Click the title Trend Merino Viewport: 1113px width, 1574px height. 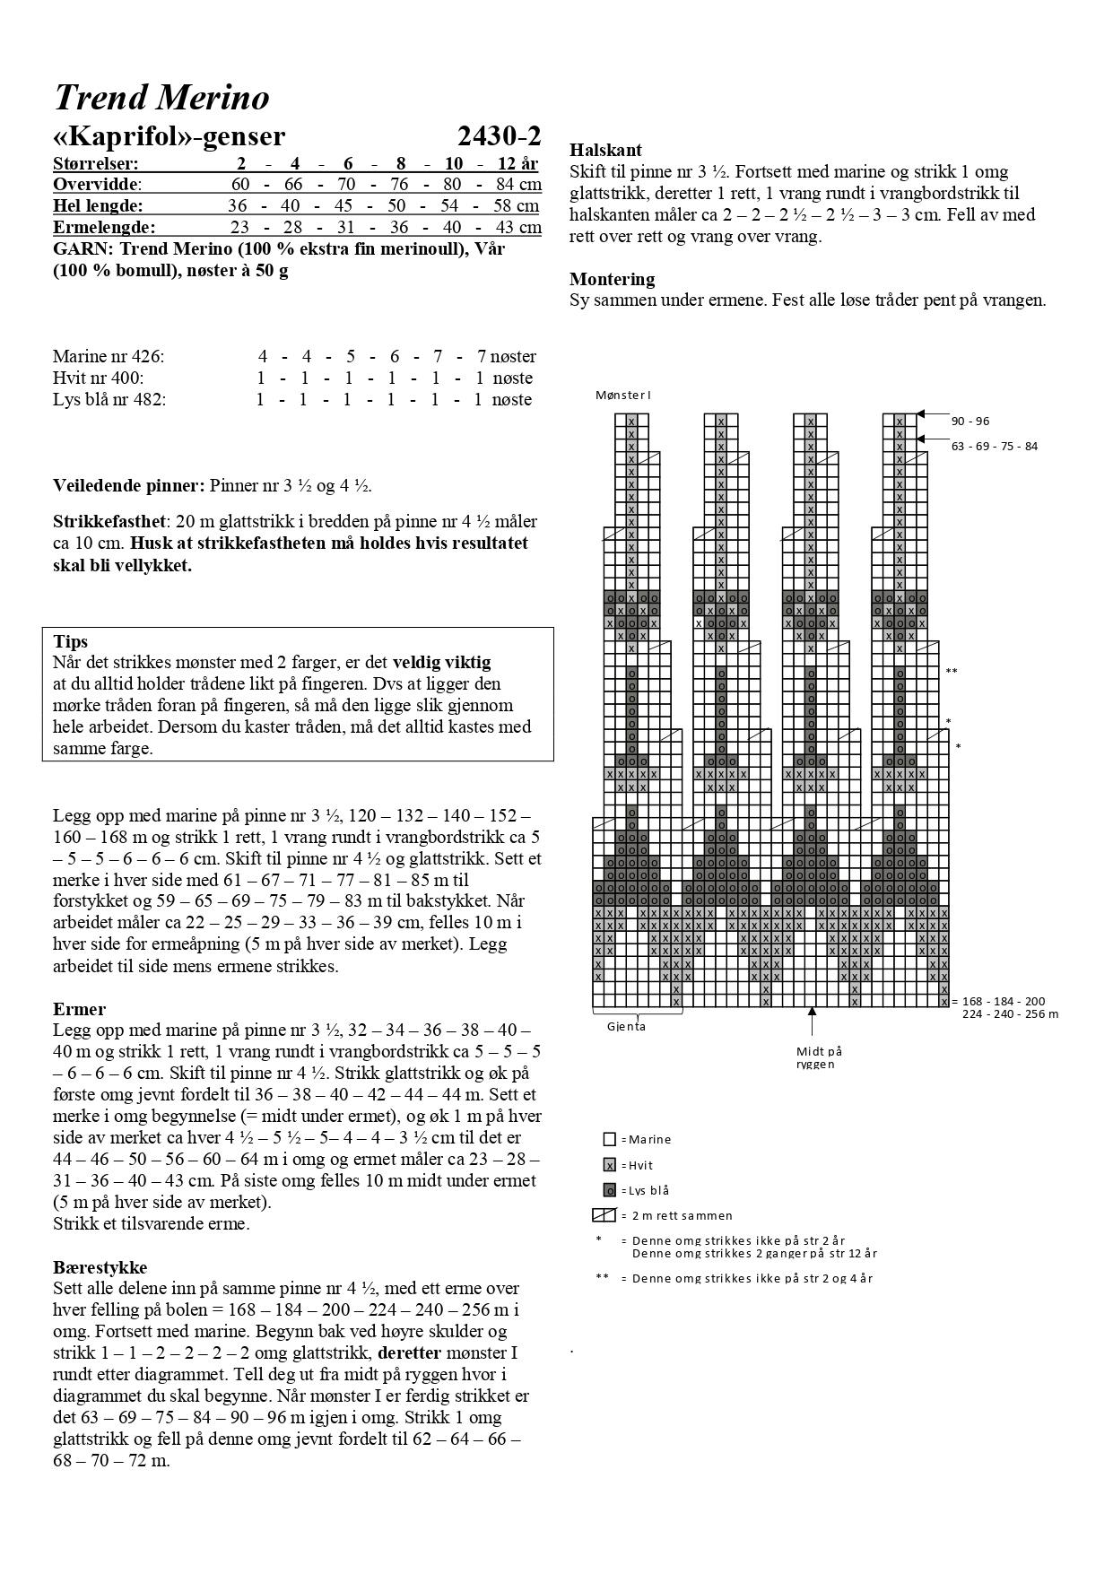161,97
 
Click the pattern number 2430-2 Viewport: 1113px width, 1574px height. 499,136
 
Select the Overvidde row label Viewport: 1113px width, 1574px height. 96,184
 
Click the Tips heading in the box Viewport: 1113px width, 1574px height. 71,641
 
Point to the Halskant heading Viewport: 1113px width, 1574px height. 605,150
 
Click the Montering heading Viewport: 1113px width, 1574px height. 612,279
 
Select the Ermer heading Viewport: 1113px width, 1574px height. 79,1009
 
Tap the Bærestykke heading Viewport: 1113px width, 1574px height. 100,1267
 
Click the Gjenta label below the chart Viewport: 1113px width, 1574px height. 626,1027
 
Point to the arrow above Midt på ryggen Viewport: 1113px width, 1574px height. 813,1022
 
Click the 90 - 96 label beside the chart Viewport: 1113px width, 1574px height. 970,421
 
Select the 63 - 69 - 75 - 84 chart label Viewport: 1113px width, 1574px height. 994,446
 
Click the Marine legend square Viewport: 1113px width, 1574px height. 610,1139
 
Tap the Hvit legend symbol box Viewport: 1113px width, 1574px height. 610,1165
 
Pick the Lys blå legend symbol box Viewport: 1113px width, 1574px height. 610,1190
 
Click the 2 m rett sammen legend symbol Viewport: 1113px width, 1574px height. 603,1215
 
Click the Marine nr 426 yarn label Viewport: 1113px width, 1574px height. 109,356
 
